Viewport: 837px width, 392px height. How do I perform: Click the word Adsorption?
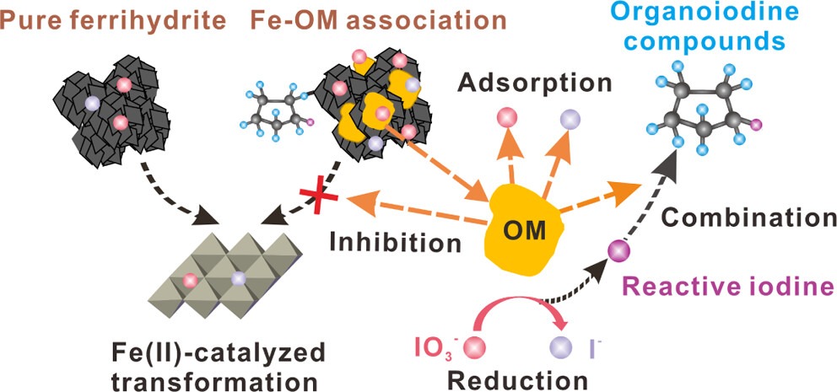pos(535,83)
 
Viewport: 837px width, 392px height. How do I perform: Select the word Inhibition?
pos(397,244)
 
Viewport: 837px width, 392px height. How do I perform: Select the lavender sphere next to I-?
pos(559,346)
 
